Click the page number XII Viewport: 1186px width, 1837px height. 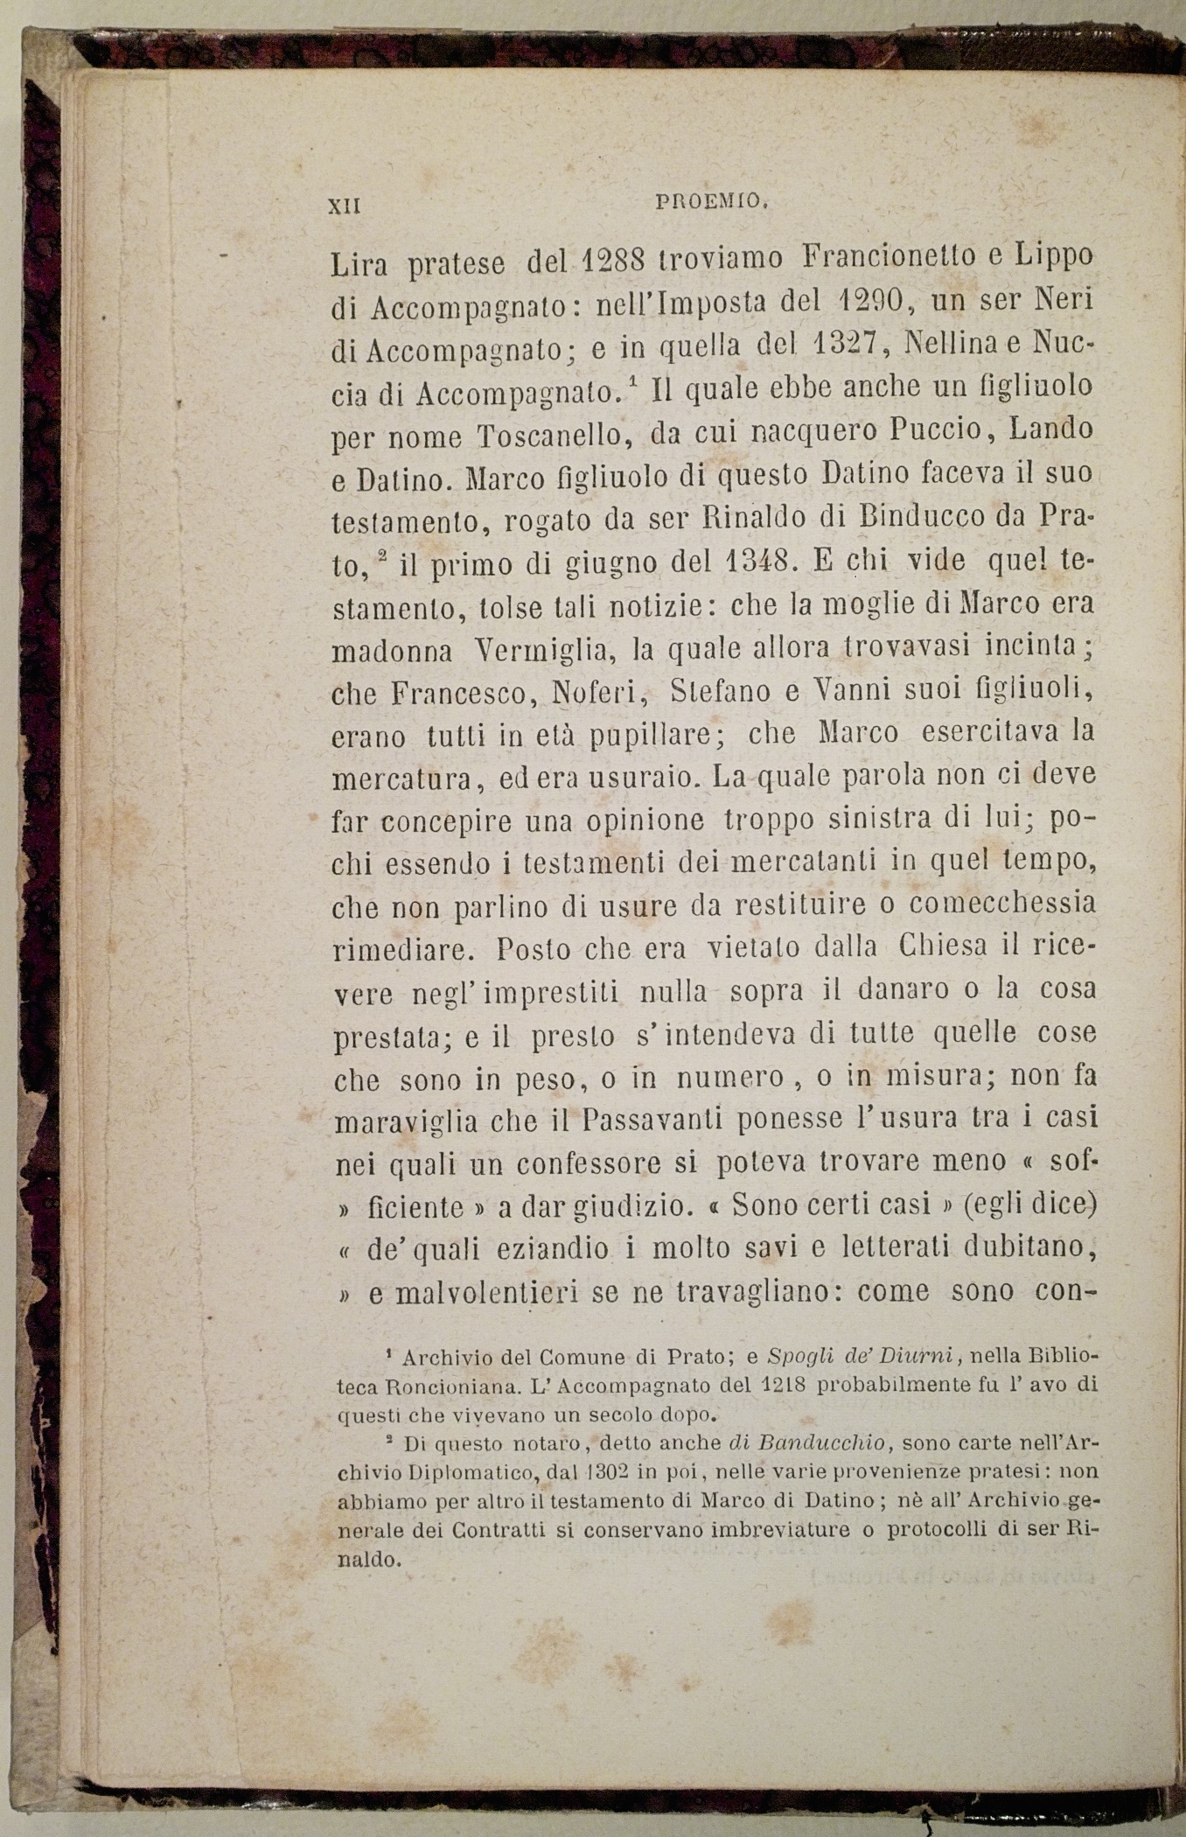point(343,206)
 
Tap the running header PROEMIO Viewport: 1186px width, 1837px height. point(711,202)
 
